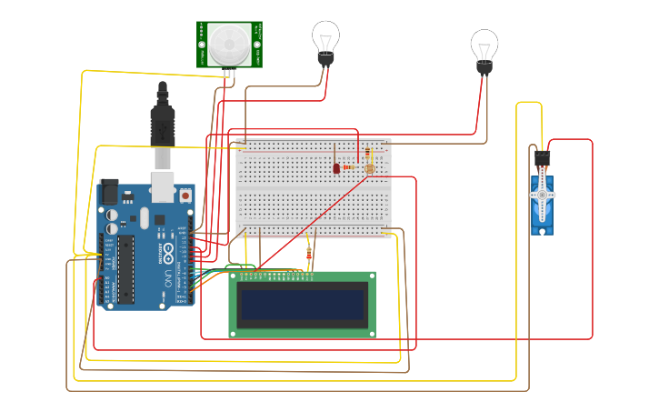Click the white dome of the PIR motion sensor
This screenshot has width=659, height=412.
click(229, 41)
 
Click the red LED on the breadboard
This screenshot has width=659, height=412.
click(336, 168)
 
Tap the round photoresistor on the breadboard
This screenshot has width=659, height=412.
click(369, 168)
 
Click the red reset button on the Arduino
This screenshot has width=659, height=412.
click(185, 194)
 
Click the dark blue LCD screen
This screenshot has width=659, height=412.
click(302, 305)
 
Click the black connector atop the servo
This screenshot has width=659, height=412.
click(543, 158)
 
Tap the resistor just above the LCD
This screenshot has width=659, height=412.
click(309, 256)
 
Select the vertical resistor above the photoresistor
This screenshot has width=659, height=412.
click(367, 154)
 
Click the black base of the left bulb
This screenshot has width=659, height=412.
click(325, 59)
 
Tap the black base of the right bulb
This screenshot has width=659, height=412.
click(484, 67)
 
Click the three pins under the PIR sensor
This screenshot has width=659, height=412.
click(229, 72)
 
